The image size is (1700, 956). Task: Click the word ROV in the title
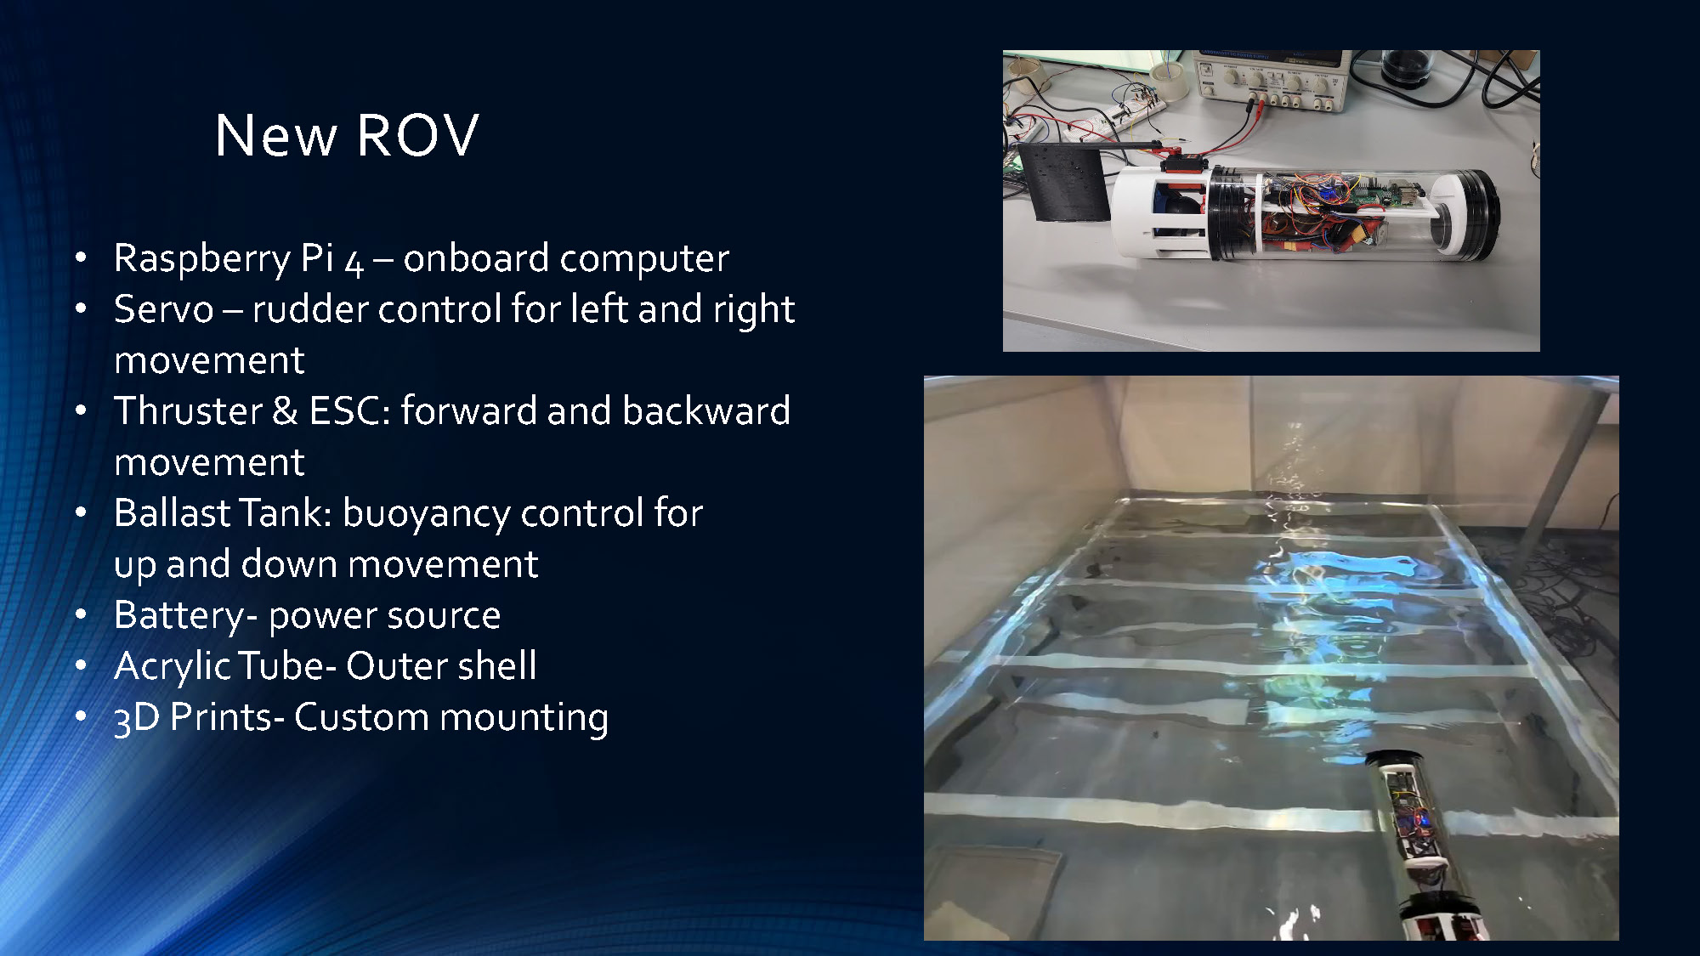[x=417, y=135]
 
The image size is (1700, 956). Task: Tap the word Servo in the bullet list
[x=163, y=309]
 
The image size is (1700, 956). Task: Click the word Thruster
[x=188, y=411]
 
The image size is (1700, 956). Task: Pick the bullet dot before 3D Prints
[x=81, y=716]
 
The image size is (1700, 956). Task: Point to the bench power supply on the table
[x=1271, y=80]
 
